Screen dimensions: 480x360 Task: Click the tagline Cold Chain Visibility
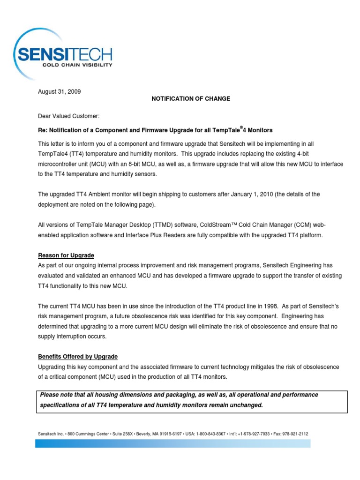click(x=77, y=65)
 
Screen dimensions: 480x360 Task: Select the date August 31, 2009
click(x=59, y=92)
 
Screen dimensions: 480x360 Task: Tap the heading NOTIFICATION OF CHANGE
click(x=190, y=99)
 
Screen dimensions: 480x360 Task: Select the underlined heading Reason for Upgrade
click(x=66, y=255)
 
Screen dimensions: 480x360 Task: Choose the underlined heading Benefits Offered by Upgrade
click(x=78, y=357)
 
